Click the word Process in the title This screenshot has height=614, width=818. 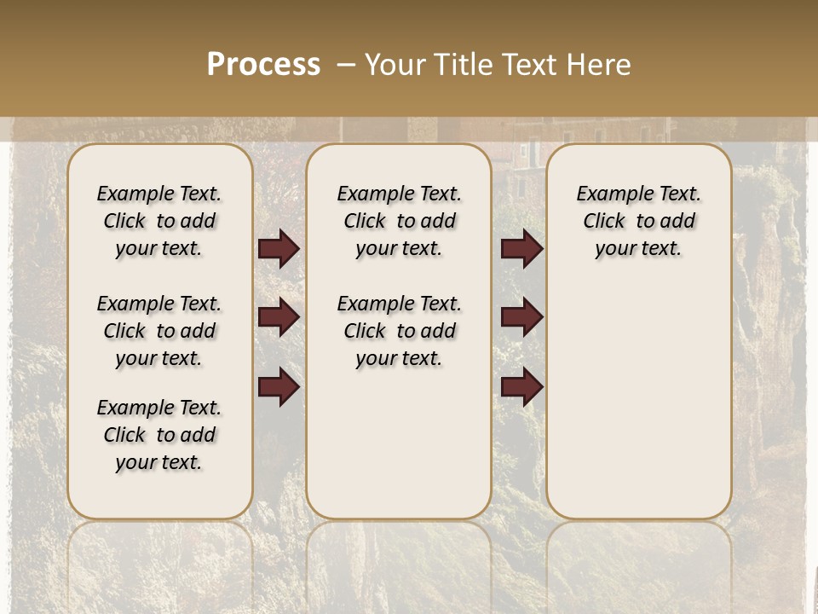263,64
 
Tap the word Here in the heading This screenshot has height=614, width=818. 598,65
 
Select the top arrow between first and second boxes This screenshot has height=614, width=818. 279,248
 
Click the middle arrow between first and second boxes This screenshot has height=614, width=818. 279,317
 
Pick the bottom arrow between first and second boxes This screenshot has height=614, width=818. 279,386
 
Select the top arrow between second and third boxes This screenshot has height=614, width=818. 521,248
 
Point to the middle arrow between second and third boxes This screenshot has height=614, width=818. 521,317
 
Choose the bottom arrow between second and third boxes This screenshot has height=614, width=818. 521,386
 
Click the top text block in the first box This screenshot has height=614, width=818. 159,221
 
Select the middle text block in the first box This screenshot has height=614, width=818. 159,331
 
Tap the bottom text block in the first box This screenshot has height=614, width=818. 159,435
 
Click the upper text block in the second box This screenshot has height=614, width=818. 399,221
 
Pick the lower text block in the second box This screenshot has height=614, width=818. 399,331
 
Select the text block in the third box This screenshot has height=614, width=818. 638,221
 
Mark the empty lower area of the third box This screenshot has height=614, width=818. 638,392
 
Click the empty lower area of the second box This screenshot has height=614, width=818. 399,443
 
